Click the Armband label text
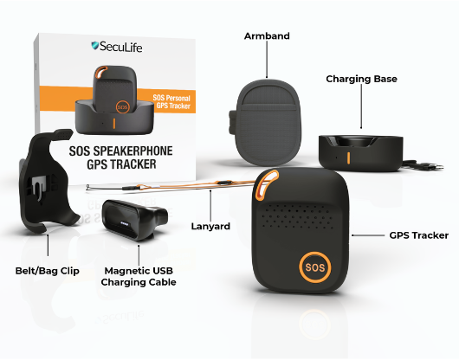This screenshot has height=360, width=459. point(267,36)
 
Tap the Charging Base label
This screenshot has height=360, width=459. point(361,79)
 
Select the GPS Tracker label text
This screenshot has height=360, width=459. point(419,235)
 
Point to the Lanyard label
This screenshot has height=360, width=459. point(210,227)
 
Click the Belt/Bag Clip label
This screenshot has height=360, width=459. point(48,271)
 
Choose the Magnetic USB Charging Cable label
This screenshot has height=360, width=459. point(139,276)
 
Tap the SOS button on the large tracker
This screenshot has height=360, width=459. point(315,267)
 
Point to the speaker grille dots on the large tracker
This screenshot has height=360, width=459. point(298,216)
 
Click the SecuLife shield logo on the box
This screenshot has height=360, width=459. point(95,46)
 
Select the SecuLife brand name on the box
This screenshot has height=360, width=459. point(121,47)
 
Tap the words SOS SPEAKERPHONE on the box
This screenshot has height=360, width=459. point(120,151)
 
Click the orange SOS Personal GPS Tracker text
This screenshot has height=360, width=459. point(171,102)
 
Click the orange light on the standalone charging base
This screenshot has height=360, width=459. point(348,157)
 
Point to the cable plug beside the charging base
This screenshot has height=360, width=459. point(436,167)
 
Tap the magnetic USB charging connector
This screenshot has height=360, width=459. point(134,219)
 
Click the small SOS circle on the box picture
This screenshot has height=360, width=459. point(122,107)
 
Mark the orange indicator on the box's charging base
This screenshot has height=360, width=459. point(113,124)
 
